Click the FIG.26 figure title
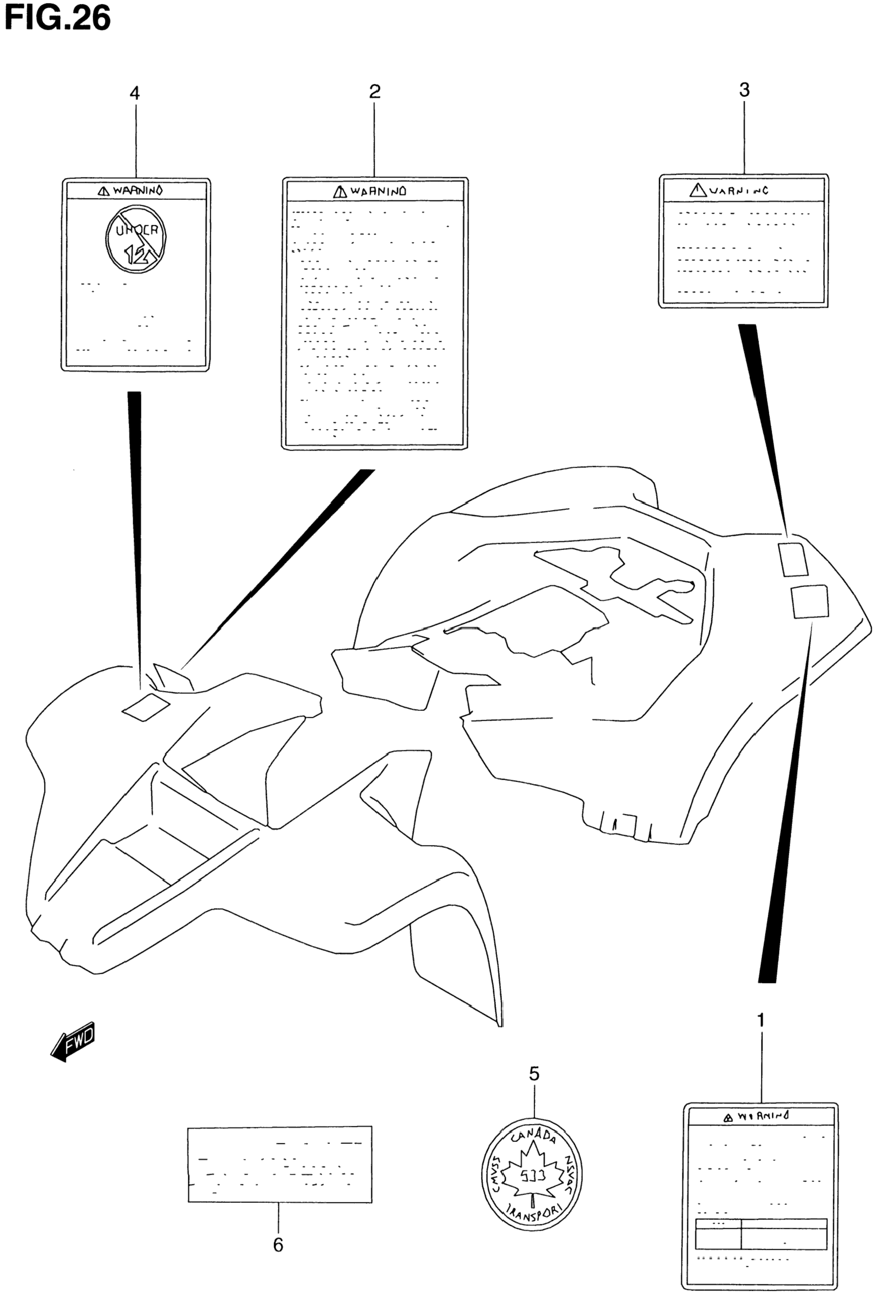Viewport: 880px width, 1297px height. (x=58, y=18)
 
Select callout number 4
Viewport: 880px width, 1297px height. (x=135, y=93)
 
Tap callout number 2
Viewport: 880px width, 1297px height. (x=375, y=92)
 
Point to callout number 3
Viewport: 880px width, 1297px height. (x=744, y=90)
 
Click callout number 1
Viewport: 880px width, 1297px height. (x=760, y=1021)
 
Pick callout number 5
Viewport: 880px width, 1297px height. (x=534, y=1073)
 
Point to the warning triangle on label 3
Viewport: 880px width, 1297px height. (x=698, y=190)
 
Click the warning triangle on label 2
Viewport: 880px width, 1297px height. (x=340, y=192)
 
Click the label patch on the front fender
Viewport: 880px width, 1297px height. (x=146, y=706)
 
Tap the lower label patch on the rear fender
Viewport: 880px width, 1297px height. (x=810, y=602)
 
